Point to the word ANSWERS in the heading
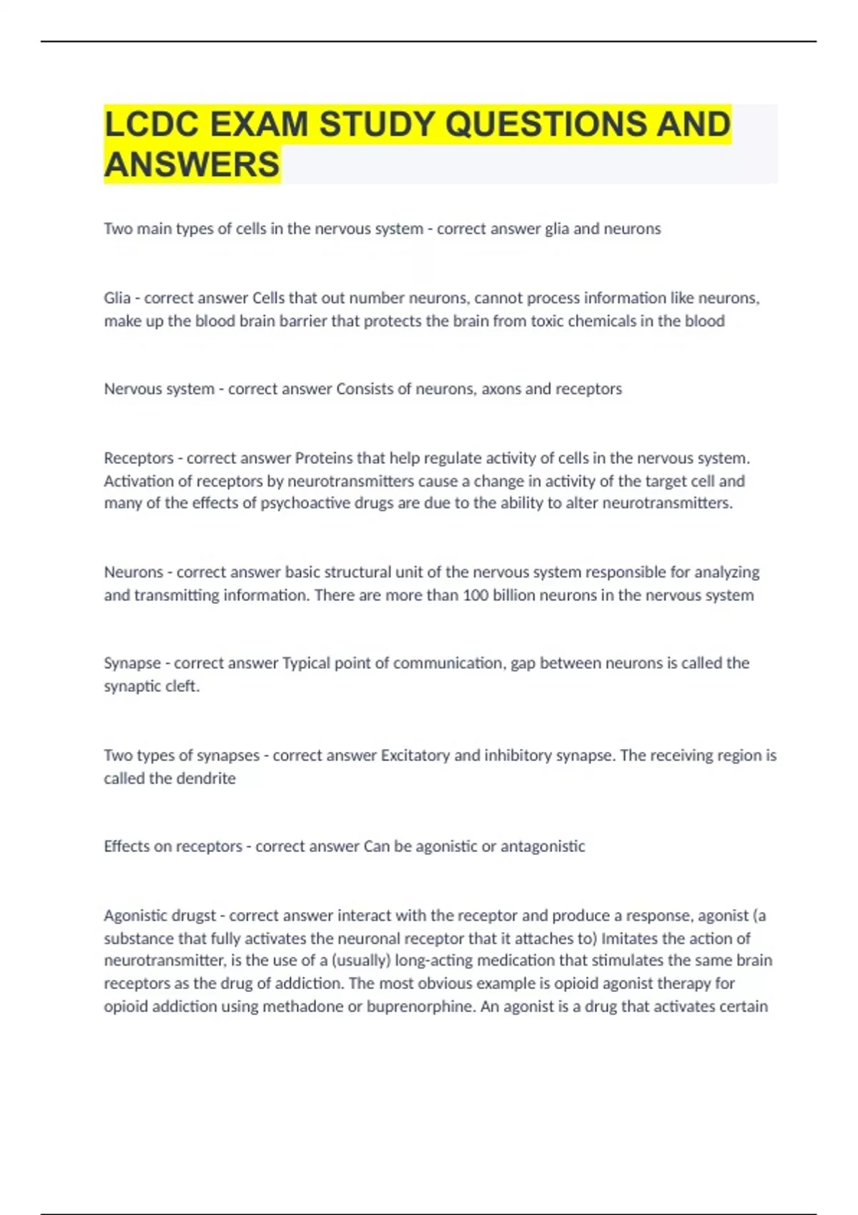tap(192, 164)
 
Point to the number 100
tap(475, 595)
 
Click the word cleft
tap(182, 686)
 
